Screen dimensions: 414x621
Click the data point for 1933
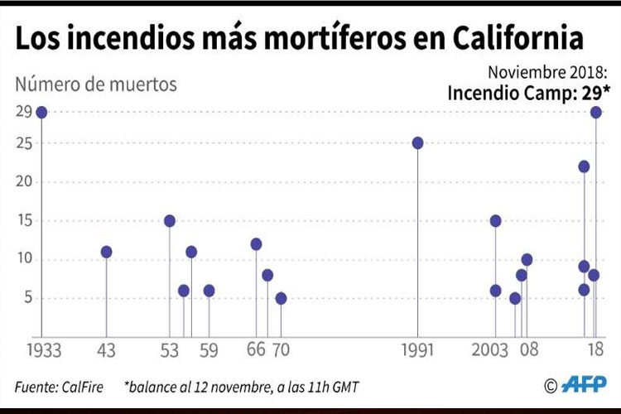pos(41,112)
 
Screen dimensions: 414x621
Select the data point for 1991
pos(418,142)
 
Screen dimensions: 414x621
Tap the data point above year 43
pos(106,252)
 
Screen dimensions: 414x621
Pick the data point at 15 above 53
pos(170,221)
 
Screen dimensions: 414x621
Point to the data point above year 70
pos(281,298)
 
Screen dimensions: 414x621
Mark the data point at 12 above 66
pos(256,244)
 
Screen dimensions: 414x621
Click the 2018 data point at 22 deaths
pos(584,166)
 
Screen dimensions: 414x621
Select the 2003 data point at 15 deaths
pos(495,221)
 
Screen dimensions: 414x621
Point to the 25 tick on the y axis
pos(23,143)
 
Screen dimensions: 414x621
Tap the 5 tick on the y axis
pos(28,298)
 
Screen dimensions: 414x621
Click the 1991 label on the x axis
pos(418,351)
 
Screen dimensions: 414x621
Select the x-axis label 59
pos(209,351)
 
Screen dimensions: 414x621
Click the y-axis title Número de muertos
pos(96,84)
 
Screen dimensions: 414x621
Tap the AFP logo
pos(585,384)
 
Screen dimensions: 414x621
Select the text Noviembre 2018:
pos(548,70)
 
